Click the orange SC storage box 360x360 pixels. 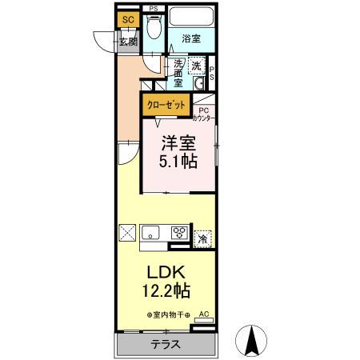coord(128,19)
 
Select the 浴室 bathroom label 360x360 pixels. coord(190,38)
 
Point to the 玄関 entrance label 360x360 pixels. coord(128,42)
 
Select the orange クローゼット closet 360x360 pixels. coord(166,104)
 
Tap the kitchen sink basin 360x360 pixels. coord(151,234)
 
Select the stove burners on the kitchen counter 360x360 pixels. coord(178,234)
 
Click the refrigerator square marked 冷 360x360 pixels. coord(203,238)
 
